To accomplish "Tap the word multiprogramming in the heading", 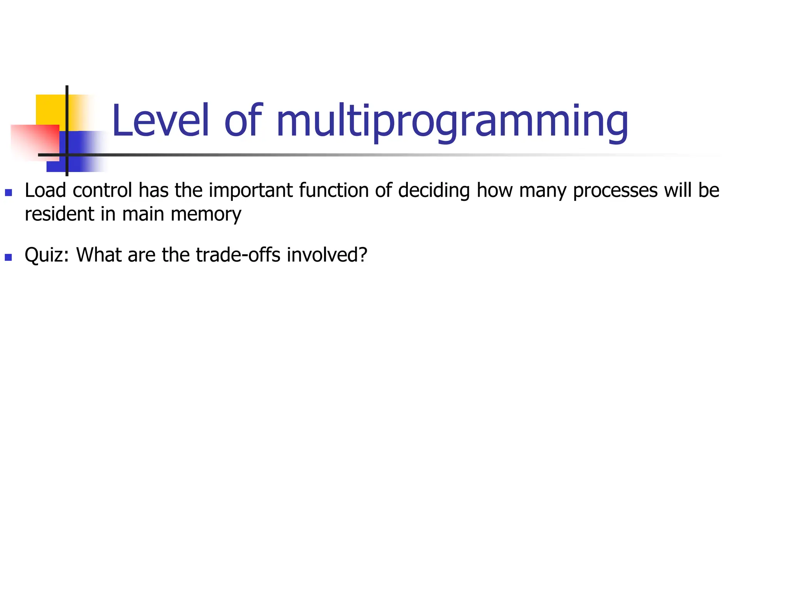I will [452, 122].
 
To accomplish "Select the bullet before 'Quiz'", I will [8, 257].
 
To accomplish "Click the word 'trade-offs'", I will [238, 255].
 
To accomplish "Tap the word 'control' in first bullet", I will [102, 190].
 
